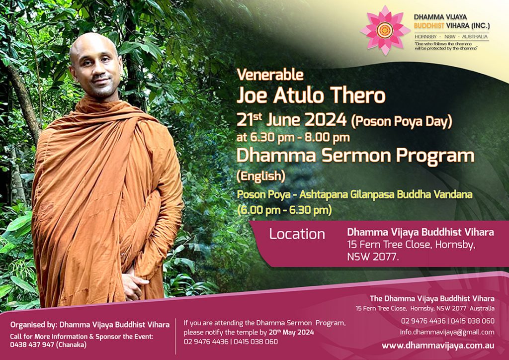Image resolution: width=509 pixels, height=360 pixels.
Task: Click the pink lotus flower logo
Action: [x=385, y=30]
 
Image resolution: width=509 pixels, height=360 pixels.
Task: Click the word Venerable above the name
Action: [x=270, y=75]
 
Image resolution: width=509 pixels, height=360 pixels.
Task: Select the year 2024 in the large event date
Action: [x=326, y=120]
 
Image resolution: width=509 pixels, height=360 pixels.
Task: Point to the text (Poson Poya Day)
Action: [x=402, y=121]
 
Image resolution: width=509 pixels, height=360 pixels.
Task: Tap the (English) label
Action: [x=261, y=176]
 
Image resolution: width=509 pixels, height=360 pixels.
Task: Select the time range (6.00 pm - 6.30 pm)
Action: [x=284, y=210]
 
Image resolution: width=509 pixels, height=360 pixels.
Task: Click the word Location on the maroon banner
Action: [x=297, y=234]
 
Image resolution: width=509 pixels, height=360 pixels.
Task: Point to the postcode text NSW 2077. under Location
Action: [x=373, y=257]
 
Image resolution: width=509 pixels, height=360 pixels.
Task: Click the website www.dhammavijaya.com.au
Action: [x=438, y=346]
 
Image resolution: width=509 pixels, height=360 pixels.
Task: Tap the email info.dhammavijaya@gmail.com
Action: [x=447, y=332]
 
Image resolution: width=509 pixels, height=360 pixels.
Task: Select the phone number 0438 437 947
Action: [x=32, y=345]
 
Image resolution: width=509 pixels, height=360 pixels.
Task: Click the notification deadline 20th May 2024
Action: [x=291, y=332]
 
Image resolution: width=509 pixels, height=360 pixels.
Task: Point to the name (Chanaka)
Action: [x=72, y=345]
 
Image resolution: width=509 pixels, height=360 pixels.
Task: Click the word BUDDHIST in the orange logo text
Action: [x=429, y=26]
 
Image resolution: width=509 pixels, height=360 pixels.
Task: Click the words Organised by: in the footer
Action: [x=33, y=325]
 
